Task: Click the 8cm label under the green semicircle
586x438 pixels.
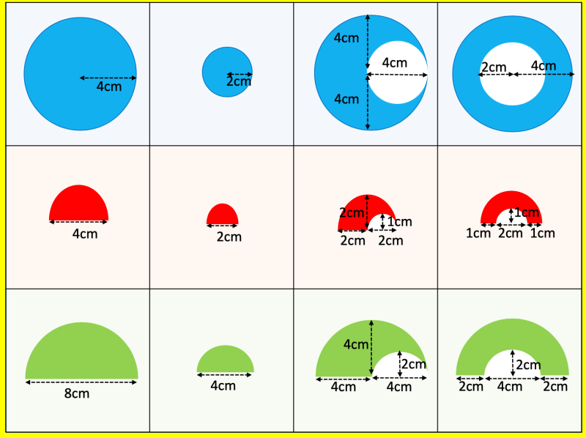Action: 76,393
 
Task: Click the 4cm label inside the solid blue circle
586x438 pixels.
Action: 109,86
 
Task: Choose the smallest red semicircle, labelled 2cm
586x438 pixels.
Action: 222,215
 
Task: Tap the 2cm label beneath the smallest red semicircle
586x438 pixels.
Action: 229,237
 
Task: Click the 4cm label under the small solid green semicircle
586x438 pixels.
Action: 223,386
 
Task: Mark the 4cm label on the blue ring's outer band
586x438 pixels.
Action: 543,66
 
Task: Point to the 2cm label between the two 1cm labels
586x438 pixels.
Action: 511,234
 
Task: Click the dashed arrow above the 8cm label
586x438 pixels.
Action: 81,382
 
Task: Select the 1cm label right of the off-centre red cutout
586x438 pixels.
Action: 399,222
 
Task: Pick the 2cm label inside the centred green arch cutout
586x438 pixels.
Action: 527,365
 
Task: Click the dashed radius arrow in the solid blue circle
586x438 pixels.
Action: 108,77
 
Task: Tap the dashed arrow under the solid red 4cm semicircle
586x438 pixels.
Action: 78,222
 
